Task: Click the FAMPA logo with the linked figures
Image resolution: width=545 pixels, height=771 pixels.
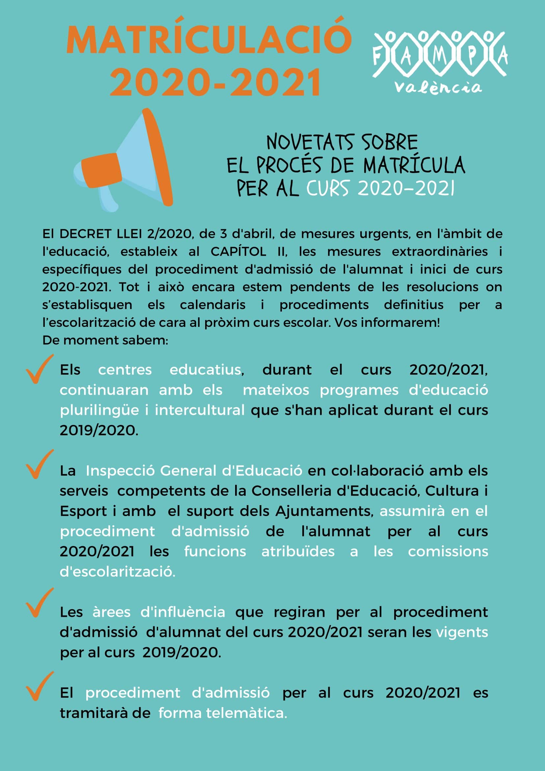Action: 440,54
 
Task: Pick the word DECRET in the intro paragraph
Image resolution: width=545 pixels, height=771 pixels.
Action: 85,234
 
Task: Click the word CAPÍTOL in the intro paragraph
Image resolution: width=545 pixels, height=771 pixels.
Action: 238,252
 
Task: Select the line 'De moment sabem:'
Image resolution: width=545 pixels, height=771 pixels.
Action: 105,340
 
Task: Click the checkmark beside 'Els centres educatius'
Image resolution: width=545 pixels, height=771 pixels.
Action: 39,369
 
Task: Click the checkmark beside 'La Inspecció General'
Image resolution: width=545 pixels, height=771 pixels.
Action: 39,465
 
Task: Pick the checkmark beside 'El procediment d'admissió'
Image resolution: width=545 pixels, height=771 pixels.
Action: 39,687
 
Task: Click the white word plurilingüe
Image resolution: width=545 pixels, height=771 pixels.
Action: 99,410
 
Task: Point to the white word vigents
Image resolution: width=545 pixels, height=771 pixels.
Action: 462,632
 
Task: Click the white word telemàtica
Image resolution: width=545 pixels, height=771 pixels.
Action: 247,713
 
